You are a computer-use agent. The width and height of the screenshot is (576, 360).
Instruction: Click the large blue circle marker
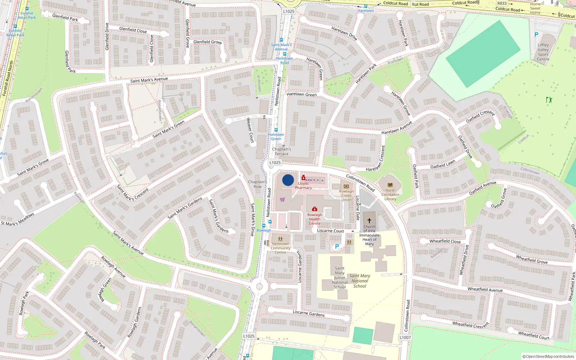click(288, 180)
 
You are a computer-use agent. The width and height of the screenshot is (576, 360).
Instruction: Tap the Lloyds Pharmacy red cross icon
click(303, 178)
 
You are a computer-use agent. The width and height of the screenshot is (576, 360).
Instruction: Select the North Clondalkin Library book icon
click(390, 185)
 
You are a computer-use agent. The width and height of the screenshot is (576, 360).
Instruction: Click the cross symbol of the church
click(369, 221)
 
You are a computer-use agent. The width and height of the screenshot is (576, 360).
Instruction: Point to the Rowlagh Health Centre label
click(314, 219)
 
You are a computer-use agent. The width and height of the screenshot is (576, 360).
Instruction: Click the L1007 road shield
click(405, 337)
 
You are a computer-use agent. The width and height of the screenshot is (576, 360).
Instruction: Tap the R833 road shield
click(502, 3)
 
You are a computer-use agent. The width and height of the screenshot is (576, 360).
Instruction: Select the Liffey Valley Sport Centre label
click(543, 52)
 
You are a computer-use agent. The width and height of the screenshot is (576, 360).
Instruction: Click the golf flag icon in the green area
click(549, 100)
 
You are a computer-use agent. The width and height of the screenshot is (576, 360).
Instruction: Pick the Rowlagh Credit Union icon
click(346, 186)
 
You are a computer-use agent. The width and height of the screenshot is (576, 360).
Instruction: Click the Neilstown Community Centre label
click(280, 248)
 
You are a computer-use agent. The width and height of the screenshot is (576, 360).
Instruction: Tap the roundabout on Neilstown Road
click(259, 287)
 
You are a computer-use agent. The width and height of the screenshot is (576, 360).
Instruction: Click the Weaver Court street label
click(250, 130)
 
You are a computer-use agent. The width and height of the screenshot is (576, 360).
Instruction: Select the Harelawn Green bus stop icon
click(276, 130)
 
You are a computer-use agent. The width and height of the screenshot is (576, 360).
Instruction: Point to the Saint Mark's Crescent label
click(133, 193)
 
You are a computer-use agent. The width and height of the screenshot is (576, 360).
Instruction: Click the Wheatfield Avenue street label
click(485, 289)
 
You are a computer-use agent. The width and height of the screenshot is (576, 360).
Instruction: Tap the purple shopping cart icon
click(282, 199)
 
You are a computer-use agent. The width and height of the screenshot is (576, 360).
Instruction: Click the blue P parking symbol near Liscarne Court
click(337, 247)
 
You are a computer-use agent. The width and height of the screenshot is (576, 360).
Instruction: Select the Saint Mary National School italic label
click(360, 281)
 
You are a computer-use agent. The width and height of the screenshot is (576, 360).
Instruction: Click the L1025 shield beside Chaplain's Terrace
click(275, 163)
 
